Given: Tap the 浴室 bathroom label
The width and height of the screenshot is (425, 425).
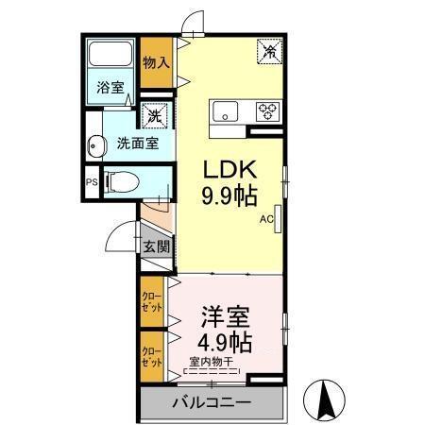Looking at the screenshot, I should [x=110, y=88].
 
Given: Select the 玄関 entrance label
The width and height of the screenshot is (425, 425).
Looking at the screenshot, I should [x=157, y=247].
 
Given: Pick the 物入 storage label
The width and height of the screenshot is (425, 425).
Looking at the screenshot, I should [x=157, y=63].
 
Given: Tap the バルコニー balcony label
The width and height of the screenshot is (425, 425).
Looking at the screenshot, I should [x=212, y=404].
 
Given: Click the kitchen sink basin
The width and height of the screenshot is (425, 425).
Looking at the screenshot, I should [x=227, y=110].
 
